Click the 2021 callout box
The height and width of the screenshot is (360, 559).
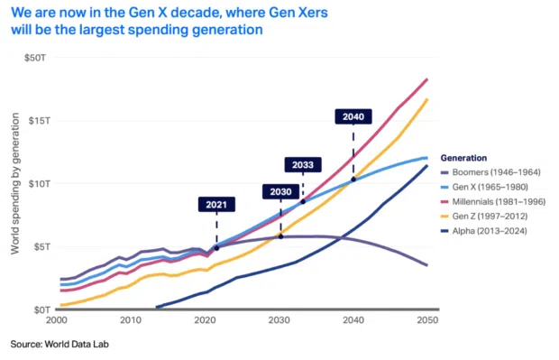216,205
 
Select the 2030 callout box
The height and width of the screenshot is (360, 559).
279,191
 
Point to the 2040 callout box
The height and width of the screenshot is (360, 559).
353,117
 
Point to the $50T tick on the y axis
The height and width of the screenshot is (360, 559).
36,58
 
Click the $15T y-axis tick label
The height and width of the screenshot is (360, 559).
36,121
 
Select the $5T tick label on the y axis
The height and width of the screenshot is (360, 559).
39,246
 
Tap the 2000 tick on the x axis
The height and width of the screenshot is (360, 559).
56,321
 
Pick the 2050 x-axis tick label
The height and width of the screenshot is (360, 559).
427,321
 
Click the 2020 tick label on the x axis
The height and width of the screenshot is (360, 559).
205,321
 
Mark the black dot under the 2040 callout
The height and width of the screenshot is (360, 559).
353,179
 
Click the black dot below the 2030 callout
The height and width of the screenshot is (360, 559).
279,235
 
